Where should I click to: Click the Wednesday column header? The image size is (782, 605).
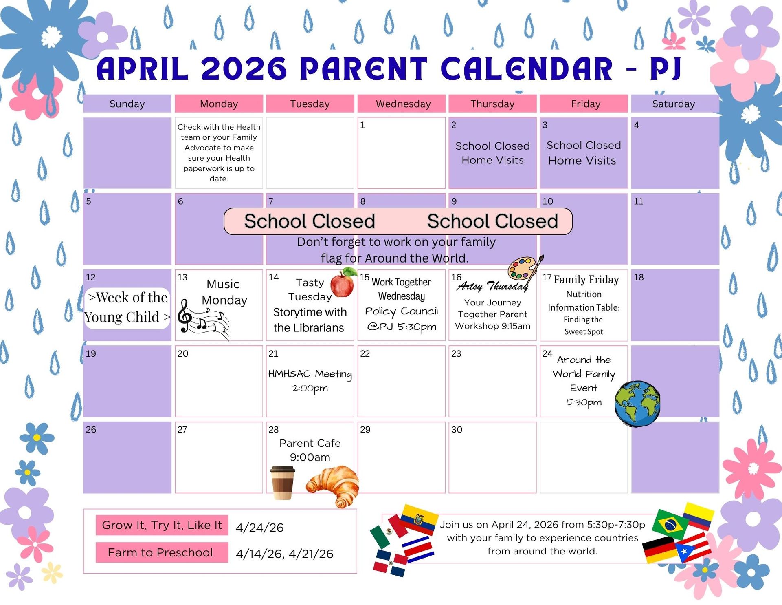point(403,104)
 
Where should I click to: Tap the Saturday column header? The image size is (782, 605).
point(673,104)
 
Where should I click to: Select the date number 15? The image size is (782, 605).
point(364,277)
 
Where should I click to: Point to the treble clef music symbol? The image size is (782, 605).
point(185,316)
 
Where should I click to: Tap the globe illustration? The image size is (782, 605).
point(637,404)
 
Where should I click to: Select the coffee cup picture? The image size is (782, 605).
point(283,483)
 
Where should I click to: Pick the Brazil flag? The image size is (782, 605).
point(670,524)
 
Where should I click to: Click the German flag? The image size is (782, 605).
point(659,550)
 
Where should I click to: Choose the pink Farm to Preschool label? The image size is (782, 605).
point(161,552)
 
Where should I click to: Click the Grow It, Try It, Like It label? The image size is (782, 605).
point(162,525)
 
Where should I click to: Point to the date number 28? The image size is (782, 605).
point(273,430)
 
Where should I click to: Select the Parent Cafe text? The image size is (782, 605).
point(310,443)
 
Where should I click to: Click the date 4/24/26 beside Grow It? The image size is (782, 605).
point(259,528)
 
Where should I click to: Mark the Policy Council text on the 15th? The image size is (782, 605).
point(402,311)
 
